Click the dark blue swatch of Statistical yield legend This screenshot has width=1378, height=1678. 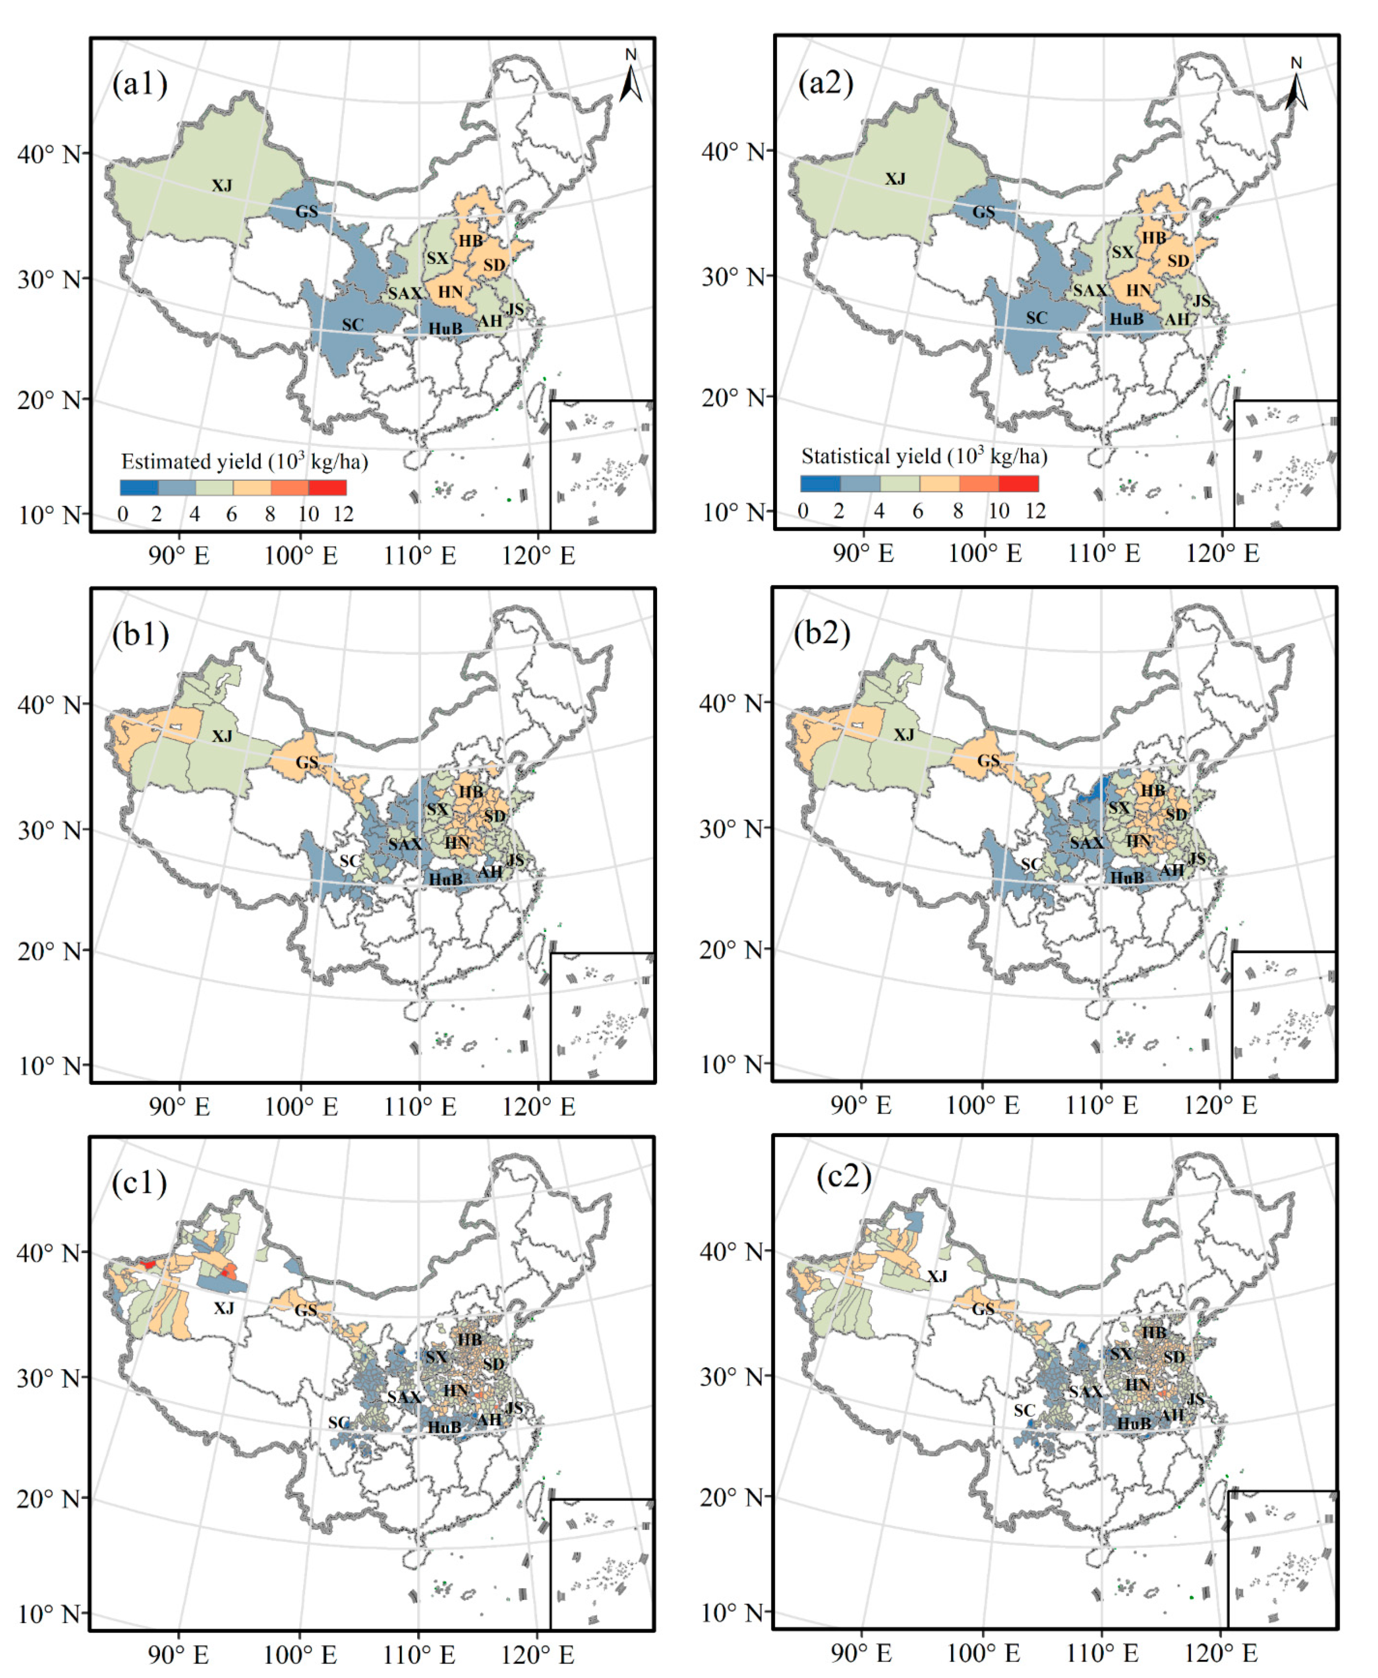(x=820, y=483)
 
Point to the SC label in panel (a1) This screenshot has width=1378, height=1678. (x=352, y=325)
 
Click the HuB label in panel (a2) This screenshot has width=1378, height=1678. (x=1126, y=319)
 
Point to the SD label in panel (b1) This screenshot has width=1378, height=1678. (x=494, y=816)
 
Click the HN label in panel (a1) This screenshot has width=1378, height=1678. (x=450, y=292)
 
